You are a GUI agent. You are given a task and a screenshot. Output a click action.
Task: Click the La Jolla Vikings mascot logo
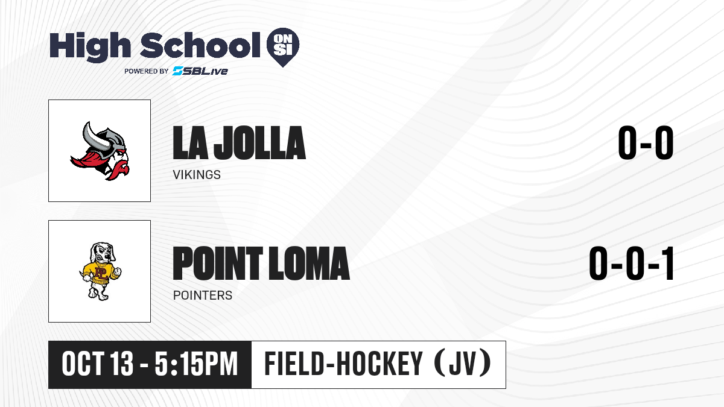click(x=100, y=151)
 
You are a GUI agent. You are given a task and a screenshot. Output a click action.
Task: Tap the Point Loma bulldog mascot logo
click(x=100, y=271)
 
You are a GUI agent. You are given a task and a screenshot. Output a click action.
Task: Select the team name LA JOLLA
click(x=239, y=143)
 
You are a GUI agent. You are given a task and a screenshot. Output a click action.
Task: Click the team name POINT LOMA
click(x=261, y=263)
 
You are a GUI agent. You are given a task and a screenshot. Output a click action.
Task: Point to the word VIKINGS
click(x=197, y=175)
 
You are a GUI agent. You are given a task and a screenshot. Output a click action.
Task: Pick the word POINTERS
click(x=203, y=295)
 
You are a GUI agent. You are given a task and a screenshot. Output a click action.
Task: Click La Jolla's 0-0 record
click(x=646, y=143)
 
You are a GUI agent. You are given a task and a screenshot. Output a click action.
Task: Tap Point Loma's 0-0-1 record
click(x=631, y=263)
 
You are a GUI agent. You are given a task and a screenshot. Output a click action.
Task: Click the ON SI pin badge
click(x=283, y=47)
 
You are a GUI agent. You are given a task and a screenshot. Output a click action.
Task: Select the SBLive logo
click(x=200, y=71)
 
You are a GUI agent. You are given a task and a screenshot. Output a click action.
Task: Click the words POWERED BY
click(x=147, y=71)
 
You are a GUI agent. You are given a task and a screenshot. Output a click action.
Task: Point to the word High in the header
click(x=90, y=47)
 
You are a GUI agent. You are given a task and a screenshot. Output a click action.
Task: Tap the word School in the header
click(x=200, y=45)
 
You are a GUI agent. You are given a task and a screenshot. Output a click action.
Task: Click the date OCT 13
click(x=97, y=364)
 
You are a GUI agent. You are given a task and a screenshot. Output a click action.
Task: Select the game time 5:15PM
click(x=196, y=364)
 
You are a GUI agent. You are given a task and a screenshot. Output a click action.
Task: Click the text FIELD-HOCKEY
click(x=343, y=364)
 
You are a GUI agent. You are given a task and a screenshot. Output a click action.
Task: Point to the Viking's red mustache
click(x=119, y=169)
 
